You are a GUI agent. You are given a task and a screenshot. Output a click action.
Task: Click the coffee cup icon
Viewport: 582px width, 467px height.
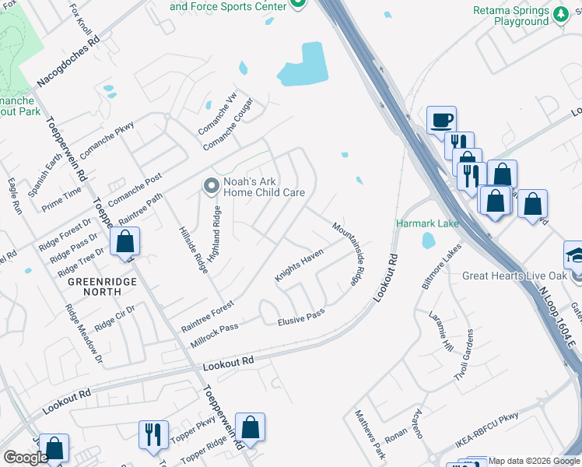click(x=441, y=120)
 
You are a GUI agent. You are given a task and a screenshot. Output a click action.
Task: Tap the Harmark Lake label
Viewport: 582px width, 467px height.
click(x=427, y=223)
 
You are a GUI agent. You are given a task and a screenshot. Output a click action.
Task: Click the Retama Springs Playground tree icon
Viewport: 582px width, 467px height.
click(x=560, y=14)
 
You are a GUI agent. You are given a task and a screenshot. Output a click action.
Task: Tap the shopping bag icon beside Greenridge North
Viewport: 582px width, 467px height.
click(x=124, y=242)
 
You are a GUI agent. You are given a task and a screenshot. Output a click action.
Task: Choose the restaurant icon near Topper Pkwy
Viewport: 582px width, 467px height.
click(x=152, y=433)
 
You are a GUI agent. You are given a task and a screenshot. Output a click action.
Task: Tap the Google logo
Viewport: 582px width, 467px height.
click(x=26, y=457)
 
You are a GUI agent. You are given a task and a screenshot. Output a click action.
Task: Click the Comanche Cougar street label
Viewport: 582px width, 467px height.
click(x=228, y=124)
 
